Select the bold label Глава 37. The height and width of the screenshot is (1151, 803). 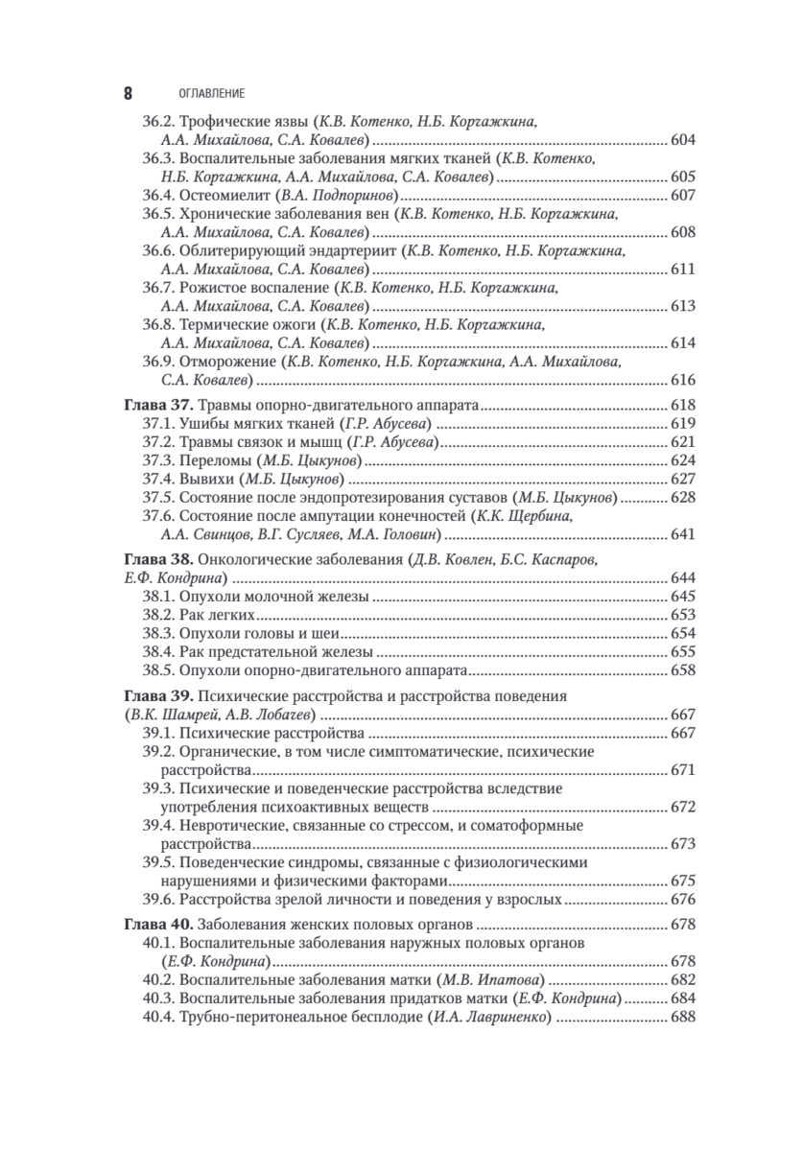(151, 405)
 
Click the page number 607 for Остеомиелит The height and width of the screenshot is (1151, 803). (682, 196)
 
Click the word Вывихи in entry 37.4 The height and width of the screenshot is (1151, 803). (204, 478)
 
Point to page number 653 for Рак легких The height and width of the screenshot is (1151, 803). (682, 614)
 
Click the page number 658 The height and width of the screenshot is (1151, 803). (682, 669)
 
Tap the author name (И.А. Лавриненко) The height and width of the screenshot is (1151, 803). (487, 1016)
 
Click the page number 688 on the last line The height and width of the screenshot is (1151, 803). (682, 1016)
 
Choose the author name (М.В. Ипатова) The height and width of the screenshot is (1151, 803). (490, 979)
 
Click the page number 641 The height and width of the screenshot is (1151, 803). (682, 533)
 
